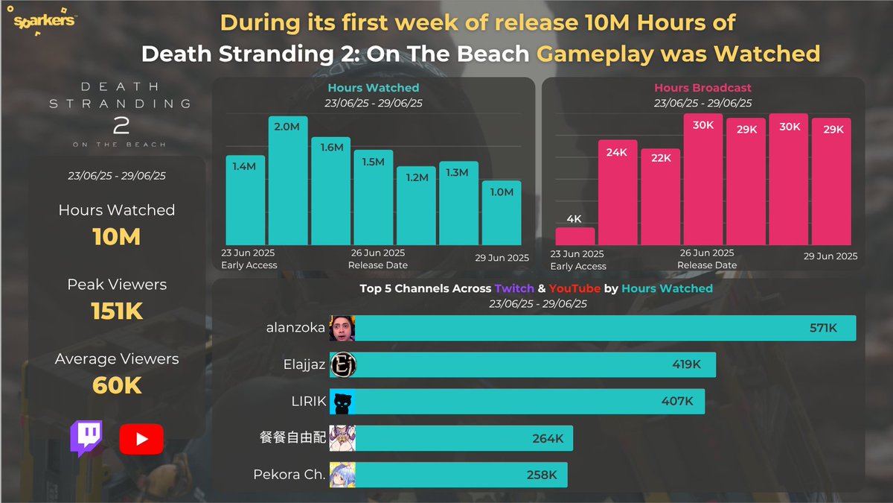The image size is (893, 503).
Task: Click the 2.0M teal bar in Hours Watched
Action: coord(288,186)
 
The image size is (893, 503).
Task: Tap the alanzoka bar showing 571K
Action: coord(604,328)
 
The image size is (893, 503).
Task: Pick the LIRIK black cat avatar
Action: coord(342,402)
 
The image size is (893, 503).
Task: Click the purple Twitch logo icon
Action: coord(86,438)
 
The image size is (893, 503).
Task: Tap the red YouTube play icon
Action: coord(141,439)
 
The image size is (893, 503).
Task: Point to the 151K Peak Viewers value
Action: coord(117,311)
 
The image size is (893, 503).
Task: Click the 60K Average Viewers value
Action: coord(117,385)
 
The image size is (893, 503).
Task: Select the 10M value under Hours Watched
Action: coord(117,237)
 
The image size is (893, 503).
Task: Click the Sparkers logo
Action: coord(45,21)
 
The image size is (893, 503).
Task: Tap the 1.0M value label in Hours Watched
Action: coord(502,192)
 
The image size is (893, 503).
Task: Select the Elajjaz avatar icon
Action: coord(342,365)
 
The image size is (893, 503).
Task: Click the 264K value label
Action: coord(548,439)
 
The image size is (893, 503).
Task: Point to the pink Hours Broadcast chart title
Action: coord(702,88)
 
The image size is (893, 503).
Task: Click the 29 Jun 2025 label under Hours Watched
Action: coord(502,258)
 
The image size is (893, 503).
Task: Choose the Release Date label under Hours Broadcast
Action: coord(707,265)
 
